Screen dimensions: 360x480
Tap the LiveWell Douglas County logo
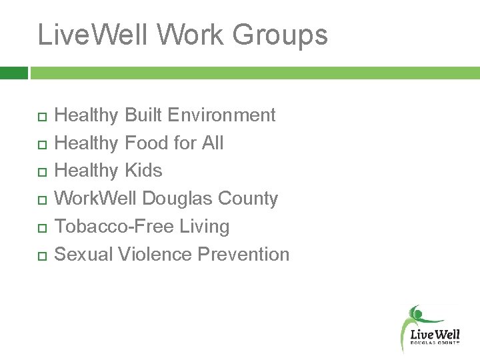[431, 329]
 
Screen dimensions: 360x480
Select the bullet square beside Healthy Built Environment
[41, 117]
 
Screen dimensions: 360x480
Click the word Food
[147, 143]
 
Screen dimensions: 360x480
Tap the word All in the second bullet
[212, 143]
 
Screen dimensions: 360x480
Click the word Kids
[143, 171]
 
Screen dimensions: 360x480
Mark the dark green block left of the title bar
[13, 73]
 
